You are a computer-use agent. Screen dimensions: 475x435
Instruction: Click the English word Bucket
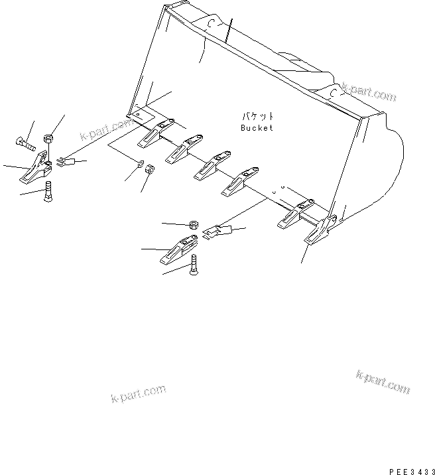click(x=255, y=128)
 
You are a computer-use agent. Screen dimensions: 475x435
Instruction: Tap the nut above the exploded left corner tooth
click(x=48, y=139)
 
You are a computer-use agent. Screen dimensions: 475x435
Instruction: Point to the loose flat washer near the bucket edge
click(x=141, y=165)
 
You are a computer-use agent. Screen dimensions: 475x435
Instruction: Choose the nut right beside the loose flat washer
click(x=151, y=170)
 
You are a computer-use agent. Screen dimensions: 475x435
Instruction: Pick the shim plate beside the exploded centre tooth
click(x=218, y=232)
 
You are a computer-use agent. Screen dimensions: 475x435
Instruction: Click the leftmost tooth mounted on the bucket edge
click(x=151, y=137)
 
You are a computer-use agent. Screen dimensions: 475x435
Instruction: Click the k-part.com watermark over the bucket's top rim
click(x=369, y=93)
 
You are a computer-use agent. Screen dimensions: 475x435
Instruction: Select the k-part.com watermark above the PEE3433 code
click(x=383, y=383)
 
